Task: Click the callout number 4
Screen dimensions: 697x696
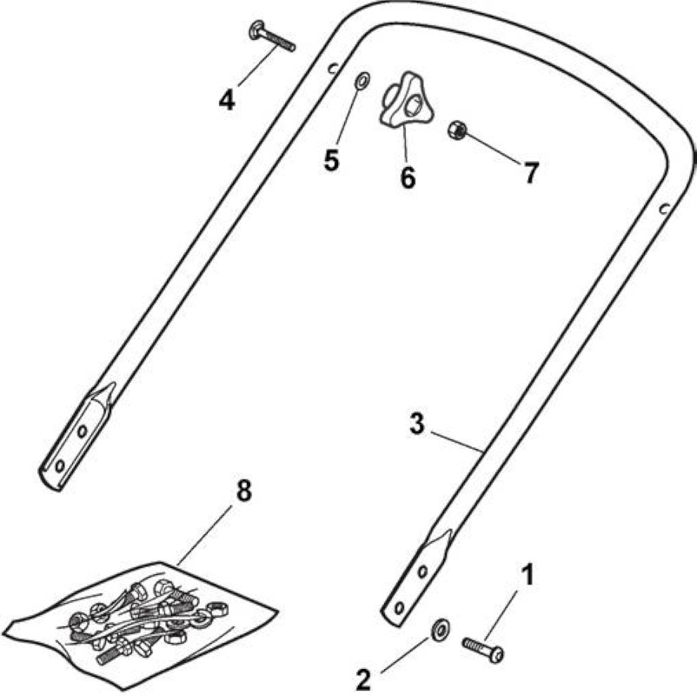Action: click(226, 100)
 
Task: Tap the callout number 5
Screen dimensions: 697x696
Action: click(332, 160)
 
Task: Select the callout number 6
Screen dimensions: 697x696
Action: click(408, 177)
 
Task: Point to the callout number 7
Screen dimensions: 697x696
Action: click(531, 172)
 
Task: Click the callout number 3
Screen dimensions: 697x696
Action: click(417, 424)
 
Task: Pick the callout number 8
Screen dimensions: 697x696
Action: click(243, 491)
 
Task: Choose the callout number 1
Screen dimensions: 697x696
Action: click(527, 575)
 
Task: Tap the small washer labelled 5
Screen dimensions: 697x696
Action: click(362, 81)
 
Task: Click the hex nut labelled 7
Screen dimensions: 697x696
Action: click(457, 130)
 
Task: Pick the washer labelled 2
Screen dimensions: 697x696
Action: click(440, 630)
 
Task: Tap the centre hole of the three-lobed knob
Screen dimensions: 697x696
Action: click(415, 106)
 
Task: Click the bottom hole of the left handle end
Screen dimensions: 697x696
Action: click(59, 466)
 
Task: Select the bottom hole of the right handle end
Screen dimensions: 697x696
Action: click(399, 607)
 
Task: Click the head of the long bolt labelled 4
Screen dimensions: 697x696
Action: click(256, 30)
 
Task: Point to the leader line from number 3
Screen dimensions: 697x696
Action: click(457, 441)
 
